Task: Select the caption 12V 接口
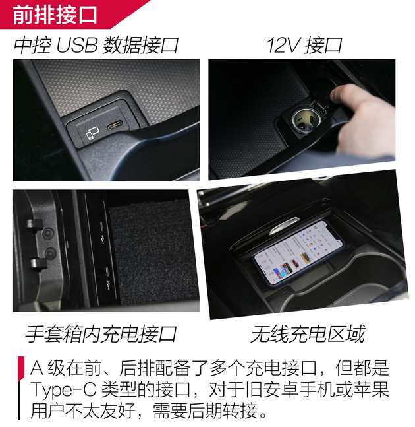304,46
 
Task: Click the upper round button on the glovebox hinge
48,234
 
